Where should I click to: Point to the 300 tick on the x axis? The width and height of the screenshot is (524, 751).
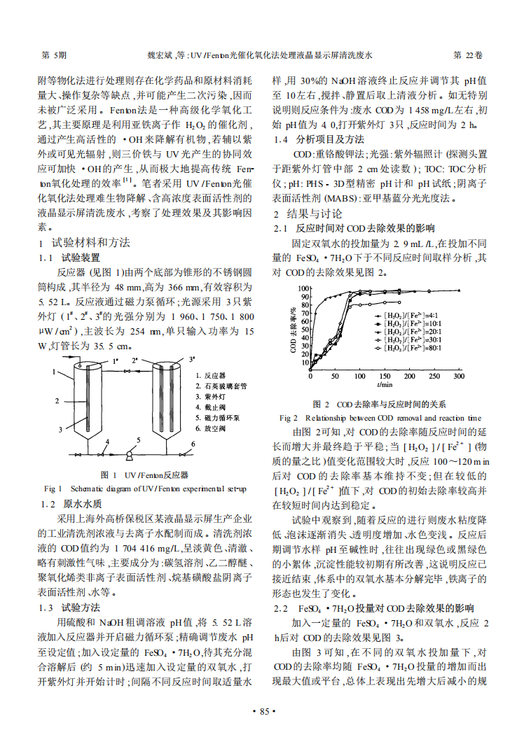tap(459, 376)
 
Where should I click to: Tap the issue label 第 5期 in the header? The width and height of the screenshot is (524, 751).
tap(55, 54)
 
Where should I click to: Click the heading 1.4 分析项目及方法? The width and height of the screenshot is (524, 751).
tap(318, 139)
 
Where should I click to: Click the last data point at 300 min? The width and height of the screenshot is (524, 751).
tap(459, 290)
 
